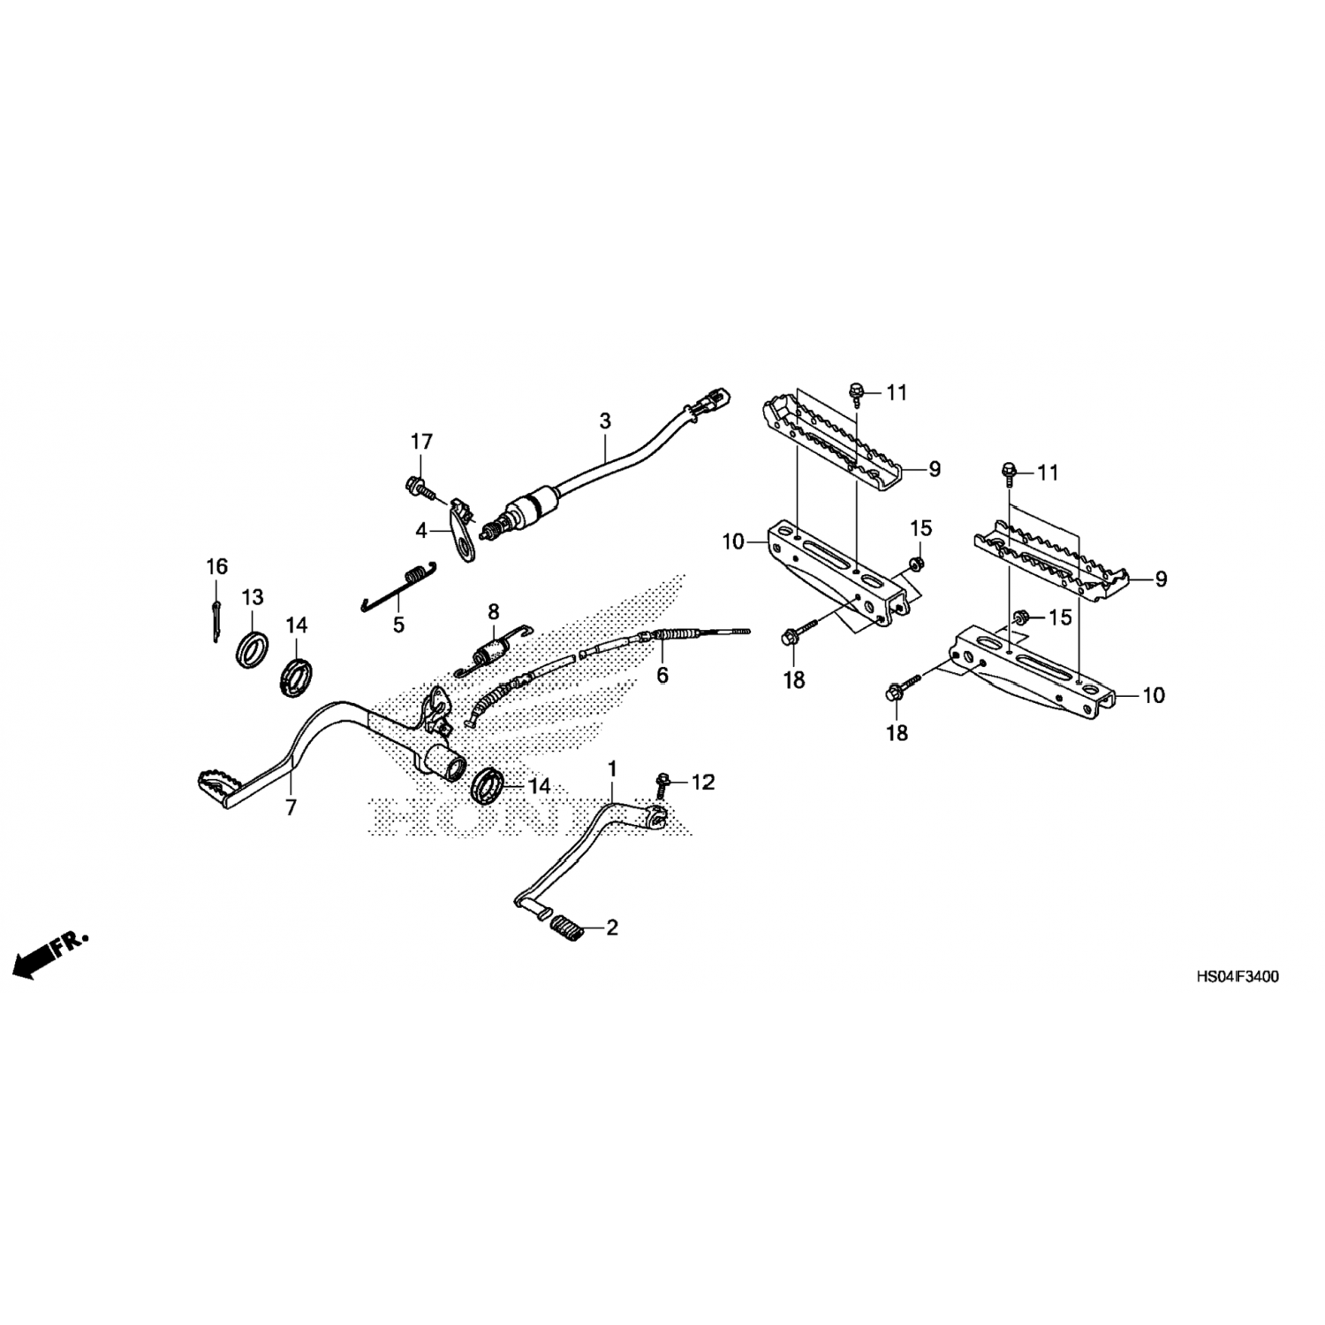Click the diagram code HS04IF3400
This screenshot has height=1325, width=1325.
point(1237,977)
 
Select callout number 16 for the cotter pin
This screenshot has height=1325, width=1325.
point(216,566)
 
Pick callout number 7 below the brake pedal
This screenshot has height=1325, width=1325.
point(291,806)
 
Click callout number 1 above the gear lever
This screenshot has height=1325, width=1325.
point(612,768)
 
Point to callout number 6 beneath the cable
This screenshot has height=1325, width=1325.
point(662,676)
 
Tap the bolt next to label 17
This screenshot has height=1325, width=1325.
point(417,484)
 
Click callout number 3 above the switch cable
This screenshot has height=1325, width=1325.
point(605,421)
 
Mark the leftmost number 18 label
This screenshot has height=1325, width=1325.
point(794,680)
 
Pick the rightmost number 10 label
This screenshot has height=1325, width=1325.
point(1154,695)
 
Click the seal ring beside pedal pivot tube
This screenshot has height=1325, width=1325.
point(488,785)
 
